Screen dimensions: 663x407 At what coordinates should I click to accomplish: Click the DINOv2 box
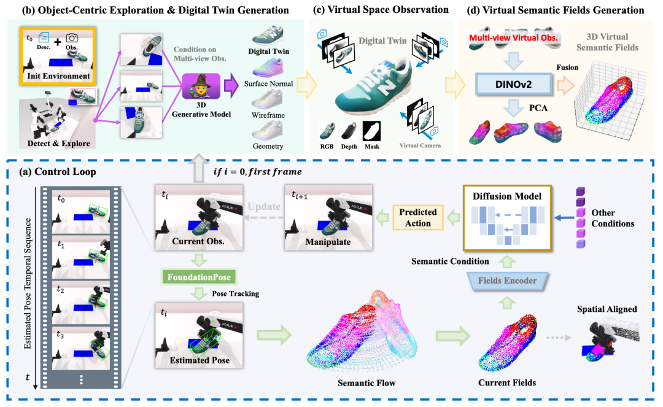(x=514, y=84)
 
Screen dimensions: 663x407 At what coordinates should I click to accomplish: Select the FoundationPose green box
(x=199, y=277)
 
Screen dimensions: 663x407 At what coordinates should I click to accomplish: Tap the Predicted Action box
(x=418, y=218)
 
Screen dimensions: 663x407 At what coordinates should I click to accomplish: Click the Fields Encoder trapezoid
(x=507, y=281)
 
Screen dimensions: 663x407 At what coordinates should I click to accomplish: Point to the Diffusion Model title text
(x=507, y=196)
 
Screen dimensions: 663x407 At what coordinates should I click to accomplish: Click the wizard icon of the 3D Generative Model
(x=201, y=86)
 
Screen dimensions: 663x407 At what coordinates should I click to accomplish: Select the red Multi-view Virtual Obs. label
(x=513, y=37)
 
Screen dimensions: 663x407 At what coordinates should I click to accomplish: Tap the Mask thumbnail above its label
(x=371, y=131)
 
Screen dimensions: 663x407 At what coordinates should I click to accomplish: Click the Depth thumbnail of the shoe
(x=349, y=131)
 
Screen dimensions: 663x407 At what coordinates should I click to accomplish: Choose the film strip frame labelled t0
(x=81, y=211)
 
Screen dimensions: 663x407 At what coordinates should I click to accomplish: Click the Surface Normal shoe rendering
(x=267, y=68)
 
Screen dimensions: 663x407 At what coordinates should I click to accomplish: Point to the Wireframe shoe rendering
(x=267, y=99)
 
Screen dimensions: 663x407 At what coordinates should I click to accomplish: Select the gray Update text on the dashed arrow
(x=264, y=206)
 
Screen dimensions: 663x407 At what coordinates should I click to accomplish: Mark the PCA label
(x=538, y=108)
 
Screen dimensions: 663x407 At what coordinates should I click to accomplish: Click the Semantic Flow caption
(x=366, y=383)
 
